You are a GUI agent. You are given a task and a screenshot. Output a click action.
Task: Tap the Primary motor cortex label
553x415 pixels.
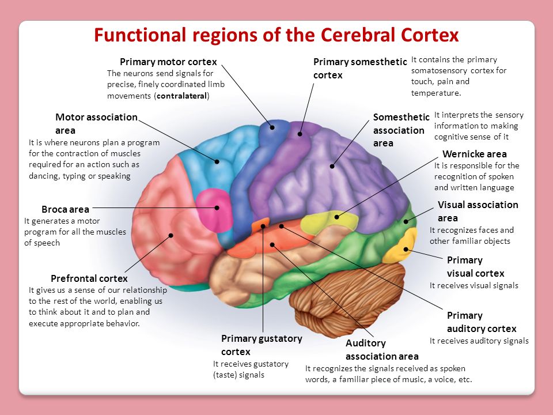[x=168, y=62]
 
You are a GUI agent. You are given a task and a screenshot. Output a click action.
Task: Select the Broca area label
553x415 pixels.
[x=65, y=209]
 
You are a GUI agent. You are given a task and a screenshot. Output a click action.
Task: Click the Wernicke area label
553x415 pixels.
[x=475, y=154]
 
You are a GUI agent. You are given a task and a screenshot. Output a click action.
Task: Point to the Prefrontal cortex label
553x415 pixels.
[x=89, y=278]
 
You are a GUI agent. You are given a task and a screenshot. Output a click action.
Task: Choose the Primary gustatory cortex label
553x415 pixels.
[x=261, y=345]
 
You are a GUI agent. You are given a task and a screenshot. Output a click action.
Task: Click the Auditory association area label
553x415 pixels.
[x=381, y=349]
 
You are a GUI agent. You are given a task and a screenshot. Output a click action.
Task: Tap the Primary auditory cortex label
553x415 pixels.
[x=481, y=322]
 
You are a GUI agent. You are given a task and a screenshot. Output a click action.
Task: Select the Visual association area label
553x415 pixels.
[x=478, y=211]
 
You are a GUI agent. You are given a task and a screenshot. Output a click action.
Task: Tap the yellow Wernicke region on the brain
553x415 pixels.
[x=323, y=222]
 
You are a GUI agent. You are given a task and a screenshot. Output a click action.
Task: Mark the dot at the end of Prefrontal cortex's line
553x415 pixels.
[x=171, y=235]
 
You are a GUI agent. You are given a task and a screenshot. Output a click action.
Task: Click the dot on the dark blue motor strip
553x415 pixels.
[x=272, y=126]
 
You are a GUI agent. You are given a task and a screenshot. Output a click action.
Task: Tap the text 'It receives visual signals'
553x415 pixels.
[x=474, y=285]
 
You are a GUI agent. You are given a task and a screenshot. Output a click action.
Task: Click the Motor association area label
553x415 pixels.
[x=96, y=123]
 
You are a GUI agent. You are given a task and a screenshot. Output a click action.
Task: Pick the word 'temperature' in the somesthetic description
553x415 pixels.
[x=436, y=92]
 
